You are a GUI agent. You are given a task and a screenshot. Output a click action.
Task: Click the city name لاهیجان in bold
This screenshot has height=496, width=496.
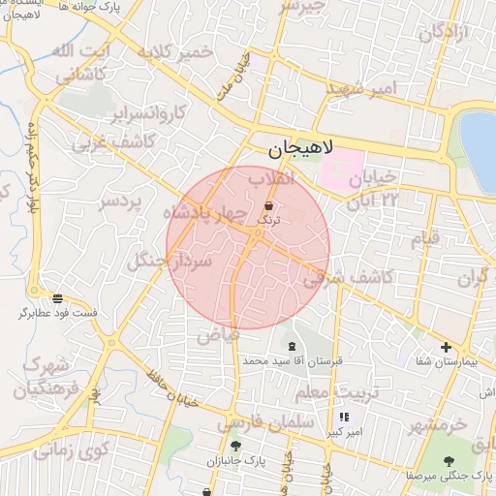300,149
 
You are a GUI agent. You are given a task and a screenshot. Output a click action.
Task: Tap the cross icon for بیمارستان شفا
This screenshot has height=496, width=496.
446,347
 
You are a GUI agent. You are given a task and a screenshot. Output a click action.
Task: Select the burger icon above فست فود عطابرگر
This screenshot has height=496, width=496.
58,298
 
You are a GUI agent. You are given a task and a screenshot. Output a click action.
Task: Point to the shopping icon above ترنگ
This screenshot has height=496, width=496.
268,206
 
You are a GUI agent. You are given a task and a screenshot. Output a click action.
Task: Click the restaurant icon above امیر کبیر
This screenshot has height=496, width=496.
344,417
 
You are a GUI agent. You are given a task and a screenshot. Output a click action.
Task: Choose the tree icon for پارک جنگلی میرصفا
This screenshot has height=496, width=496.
449,462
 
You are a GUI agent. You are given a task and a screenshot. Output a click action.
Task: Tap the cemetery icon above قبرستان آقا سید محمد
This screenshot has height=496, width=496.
292,346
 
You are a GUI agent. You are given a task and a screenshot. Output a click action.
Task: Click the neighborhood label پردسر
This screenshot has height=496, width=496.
121,202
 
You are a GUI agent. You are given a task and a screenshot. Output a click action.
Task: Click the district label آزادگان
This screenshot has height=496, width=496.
444,31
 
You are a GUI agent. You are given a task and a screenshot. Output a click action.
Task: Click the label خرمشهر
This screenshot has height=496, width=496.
437,424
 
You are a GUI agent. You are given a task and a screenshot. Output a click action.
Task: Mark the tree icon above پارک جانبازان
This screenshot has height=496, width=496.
235,446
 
